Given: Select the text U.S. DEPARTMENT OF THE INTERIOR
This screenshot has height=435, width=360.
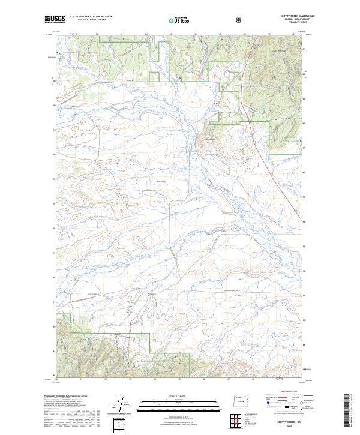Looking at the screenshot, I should click(91, 17).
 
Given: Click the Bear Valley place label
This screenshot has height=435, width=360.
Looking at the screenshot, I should click(161, 182).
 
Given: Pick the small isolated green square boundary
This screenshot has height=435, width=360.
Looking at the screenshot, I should click(154, 76).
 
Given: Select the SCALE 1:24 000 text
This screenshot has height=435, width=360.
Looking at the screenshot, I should click(171, 396).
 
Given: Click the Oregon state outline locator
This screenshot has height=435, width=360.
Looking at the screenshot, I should click(239, 403).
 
